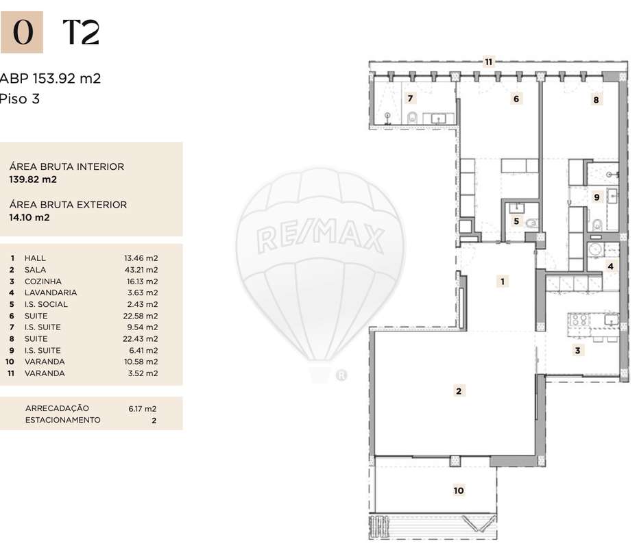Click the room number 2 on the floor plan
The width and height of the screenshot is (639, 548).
pyautogui.click(x=459, y=391)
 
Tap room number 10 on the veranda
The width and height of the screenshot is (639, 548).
pyautogui.click(x=459, y=490)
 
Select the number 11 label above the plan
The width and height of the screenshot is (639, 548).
pyautogui.click(x=488, y=62)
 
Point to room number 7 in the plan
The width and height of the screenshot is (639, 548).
pyautogui.click(x=410, y=98)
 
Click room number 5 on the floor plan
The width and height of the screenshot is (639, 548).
pyautogui.click(x=517, y=221)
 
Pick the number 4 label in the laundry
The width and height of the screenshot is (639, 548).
pyautogui.click(x=610, y=266)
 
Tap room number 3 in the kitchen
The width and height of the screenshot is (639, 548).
pyautogui.click(x=578, y=351)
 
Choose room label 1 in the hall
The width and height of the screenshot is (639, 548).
pyautogui.click(x=503, y=281)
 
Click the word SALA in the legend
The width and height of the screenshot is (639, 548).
pyautogui.click(x=35, y=270)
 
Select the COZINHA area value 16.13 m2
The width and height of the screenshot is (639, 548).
pyautogui.click(x=141, y=282)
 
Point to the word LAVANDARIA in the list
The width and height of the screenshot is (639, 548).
pyautogui.click(x=50, y=292)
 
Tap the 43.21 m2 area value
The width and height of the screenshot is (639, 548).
pyautogui.click(x=141, y=270)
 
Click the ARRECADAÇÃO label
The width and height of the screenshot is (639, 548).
pyautogui.click(x=57, y=408)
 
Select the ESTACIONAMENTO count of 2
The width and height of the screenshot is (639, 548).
pyautogui.click(x=154, y=421)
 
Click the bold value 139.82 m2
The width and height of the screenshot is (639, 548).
pyautogui.click(x=33, y=179)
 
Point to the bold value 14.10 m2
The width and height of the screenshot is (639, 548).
pyautogui.click(x=29, y=218)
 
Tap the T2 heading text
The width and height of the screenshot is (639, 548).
pyautogui.click(x=81, y=32)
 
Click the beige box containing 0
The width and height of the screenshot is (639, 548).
pyautogui.click(x=22, y=32)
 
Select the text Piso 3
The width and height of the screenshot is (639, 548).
pyautogui.click(x=21, y=99)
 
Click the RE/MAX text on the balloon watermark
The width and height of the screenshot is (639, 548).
pyautogui.click(x=320, y=238)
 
